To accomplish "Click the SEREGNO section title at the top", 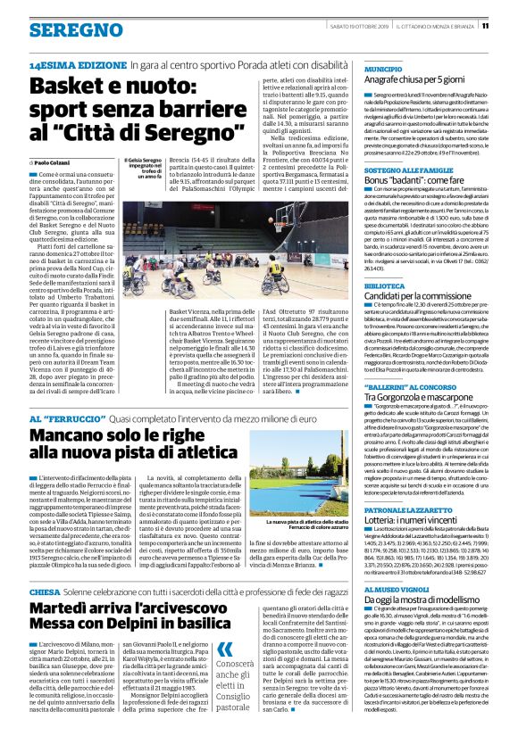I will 64,29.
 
